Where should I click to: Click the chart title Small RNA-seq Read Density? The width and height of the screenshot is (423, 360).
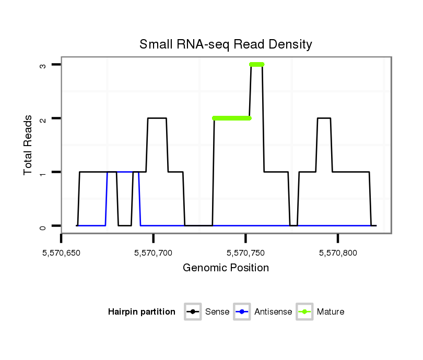pyautogui.click(x=226, y=44)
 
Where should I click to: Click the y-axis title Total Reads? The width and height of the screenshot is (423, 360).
pyautogui.click(x=29, y=145)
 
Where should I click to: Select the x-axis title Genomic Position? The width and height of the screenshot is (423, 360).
pyautogui.click(x=226, y=268)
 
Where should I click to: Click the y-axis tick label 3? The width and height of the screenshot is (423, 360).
pyautogui.click(x=44, y=65)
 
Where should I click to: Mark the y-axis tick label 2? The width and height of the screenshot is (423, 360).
pyautogui.click(x=44, y=118)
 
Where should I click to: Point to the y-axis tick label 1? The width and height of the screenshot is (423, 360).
pyautogui.click(x=44, y=172)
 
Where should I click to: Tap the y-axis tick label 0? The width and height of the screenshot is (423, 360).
pyautogui.click(x=44, y=226)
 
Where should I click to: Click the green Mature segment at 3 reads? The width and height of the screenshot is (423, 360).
pyautogui.click(x=256, y=65)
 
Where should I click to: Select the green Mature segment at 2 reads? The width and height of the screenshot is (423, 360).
pyautogui.click(x=232, y=118)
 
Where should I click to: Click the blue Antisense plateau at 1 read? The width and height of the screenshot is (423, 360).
pyautogui.click(x=124, y=172)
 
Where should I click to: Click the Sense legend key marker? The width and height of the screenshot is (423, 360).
pyautogui.click(x=193, y=312)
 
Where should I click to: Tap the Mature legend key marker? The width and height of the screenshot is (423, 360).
pyautogui.click(x=304, y=312)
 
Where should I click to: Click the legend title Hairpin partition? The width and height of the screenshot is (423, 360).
pyautogui.click(x=142, y=312)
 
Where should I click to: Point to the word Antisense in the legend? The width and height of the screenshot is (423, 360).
pyautogui.click(x=273, y=312)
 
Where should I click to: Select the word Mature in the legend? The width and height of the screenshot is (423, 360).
pyautogui.click(x=331, y=312)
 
